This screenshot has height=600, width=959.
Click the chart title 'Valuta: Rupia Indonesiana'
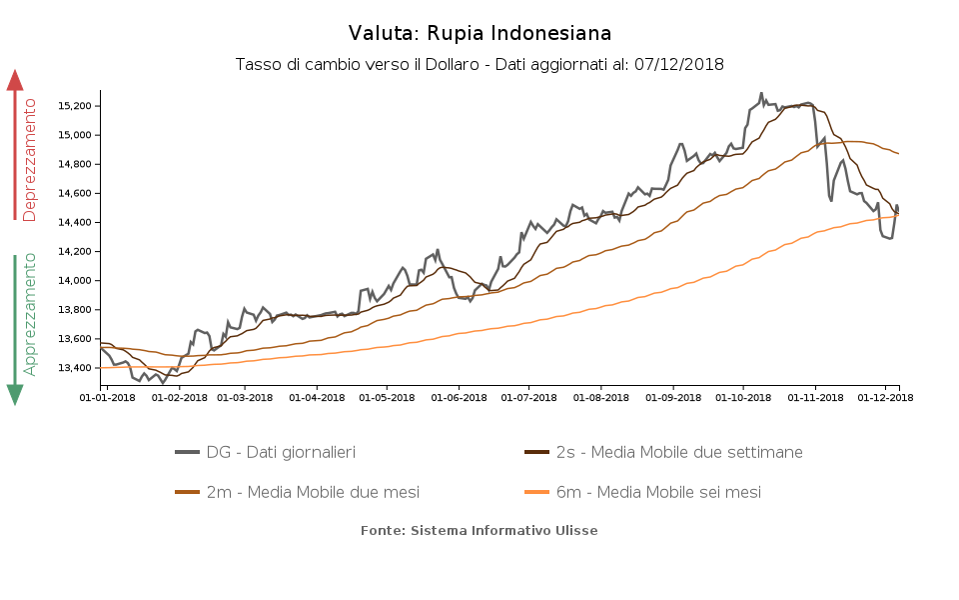479,34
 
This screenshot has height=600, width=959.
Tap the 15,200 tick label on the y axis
75,105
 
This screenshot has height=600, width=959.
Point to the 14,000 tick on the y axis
75,280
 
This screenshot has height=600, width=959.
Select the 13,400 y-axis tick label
75,368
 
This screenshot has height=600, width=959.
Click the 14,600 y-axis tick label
75,193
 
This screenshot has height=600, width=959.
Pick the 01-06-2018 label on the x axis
459,397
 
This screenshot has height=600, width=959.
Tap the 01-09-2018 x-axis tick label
672,397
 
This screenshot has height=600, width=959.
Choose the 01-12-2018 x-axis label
886,397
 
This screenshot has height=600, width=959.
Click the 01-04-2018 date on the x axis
317,397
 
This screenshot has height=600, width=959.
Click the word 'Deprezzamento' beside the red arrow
30,160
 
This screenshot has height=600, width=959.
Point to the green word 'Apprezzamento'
30,314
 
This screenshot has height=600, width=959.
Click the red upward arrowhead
15,79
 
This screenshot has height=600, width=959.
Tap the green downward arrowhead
15,395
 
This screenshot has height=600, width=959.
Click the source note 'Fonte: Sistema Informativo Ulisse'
479,530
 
